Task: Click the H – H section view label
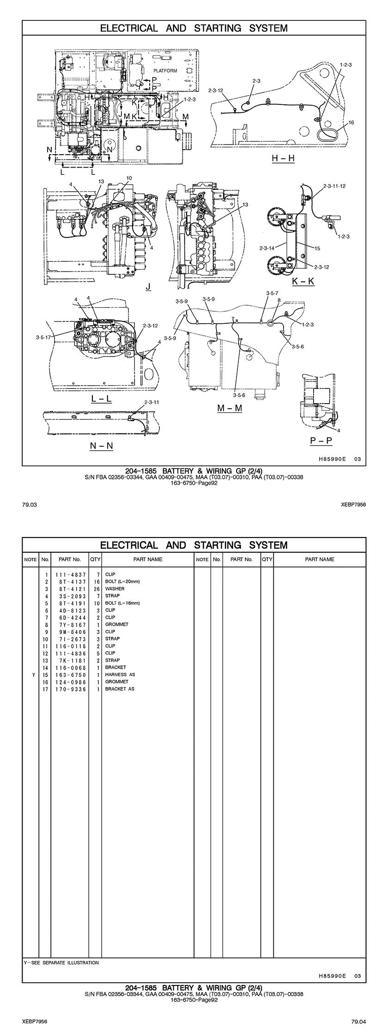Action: (x=283, y=158)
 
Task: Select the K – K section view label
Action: (x=303, y=281)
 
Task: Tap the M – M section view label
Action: (x=230, y=408)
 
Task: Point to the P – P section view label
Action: (x=321, y=440)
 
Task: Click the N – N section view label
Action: (x=101, y=446)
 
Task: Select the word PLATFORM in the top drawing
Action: (x=165, y=71)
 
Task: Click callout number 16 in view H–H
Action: (x=351, y=123)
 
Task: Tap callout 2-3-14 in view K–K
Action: (x=267, y=248)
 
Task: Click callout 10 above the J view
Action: (x=129, y=178)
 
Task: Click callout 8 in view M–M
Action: (x=279, y=300)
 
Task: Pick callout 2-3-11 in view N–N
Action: (x=152, y=402)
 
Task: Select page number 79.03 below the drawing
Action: (x=29, y=505)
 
